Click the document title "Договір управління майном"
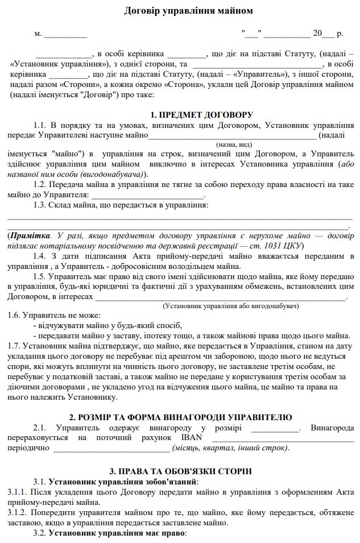coord(180,11)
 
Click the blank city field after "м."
coord(65,34)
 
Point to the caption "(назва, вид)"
coord(235,144)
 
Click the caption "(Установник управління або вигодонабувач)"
coord(231,306)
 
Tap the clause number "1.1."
coord(40,125)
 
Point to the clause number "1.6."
coord(15,316)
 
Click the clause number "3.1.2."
coord(19,513)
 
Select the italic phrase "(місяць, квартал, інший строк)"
coord(230,448)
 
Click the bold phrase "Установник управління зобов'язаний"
coord(122,482)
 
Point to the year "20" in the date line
coord(317,34)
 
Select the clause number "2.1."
coord(40,428)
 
